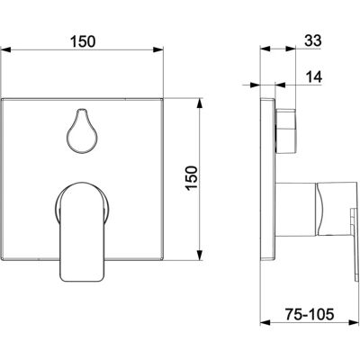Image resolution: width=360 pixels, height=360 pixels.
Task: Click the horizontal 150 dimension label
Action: click(x=83, y=41)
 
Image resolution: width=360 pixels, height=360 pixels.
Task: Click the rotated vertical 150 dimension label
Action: click(x=192, y=177)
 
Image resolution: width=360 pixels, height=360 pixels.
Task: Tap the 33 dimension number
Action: click(x=313, y=40)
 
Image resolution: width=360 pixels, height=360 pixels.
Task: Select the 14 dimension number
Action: click(x=314, y=77)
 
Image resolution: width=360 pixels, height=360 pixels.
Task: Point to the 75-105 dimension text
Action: click(x=309, y=314)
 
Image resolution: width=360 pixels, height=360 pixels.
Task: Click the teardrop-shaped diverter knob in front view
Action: click(x=82, y=130)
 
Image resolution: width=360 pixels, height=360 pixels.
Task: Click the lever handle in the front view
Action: click(x=83, y=231)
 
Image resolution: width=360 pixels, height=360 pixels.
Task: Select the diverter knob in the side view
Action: click(x=286, y=131)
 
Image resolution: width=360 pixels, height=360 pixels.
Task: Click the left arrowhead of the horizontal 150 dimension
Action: click(x=6, y=49)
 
